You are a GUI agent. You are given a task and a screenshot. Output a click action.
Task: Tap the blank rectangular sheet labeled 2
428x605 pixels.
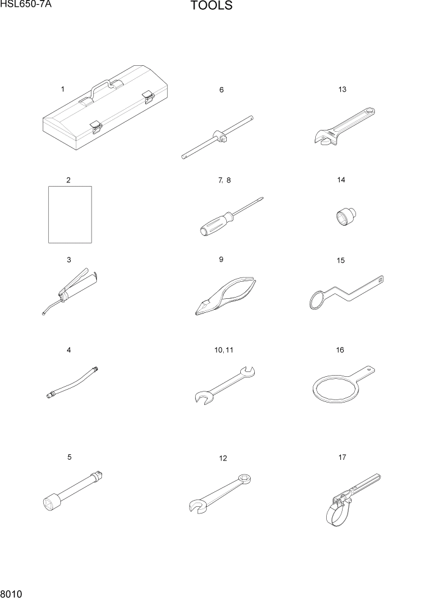point(70,214)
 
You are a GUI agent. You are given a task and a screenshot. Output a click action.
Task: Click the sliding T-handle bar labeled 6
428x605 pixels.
point(218,137)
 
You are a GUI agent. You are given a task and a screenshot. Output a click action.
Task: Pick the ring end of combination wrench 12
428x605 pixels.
point(245,480)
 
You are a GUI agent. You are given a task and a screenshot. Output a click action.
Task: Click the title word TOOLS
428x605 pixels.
point(211,7)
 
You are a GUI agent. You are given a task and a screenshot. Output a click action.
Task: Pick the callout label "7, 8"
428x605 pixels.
point(224,181)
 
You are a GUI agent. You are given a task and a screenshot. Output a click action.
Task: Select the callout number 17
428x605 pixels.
point(343,457)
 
